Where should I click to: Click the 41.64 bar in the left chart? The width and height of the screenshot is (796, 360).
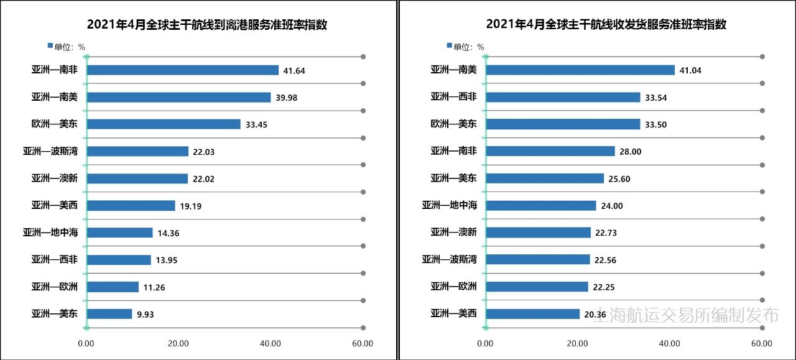183,70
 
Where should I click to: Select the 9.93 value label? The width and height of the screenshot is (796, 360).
145,315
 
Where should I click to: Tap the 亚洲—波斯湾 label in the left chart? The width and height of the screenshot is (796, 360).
55,151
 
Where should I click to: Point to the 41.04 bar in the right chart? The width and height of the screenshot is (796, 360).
580,70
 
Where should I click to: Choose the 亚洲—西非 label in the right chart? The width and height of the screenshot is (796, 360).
453,97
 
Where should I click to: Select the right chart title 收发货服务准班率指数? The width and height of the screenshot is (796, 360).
606,25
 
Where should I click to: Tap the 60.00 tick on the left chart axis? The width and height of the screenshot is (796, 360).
363,344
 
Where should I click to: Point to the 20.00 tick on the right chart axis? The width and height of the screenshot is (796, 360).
578,344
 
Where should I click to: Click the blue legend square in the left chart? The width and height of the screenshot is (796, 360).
50,46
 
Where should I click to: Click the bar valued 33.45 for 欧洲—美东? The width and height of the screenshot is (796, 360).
164,124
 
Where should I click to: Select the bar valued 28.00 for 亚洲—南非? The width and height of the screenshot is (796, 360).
550,151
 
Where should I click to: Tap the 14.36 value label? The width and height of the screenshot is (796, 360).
165,233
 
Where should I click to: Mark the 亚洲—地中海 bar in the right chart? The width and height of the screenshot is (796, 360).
541,206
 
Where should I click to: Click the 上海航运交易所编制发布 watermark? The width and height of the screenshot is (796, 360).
687,315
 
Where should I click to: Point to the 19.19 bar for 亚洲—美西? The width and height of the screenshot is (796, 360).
131,206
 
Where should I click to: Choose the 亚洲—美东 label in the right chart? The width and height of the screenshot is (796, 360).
453,178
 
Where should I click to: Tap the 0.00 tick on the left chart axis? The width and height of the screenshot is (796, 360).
86,344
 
